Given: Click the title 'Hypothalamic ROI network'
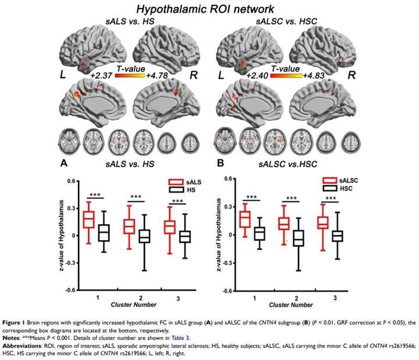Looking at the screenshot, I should click(x=209, y=9).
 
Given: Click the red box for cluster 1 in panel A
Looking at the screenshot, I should click(x=88, y=220).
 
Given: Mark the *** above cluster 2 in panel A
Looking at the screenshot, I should click(x=136, y=196).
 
